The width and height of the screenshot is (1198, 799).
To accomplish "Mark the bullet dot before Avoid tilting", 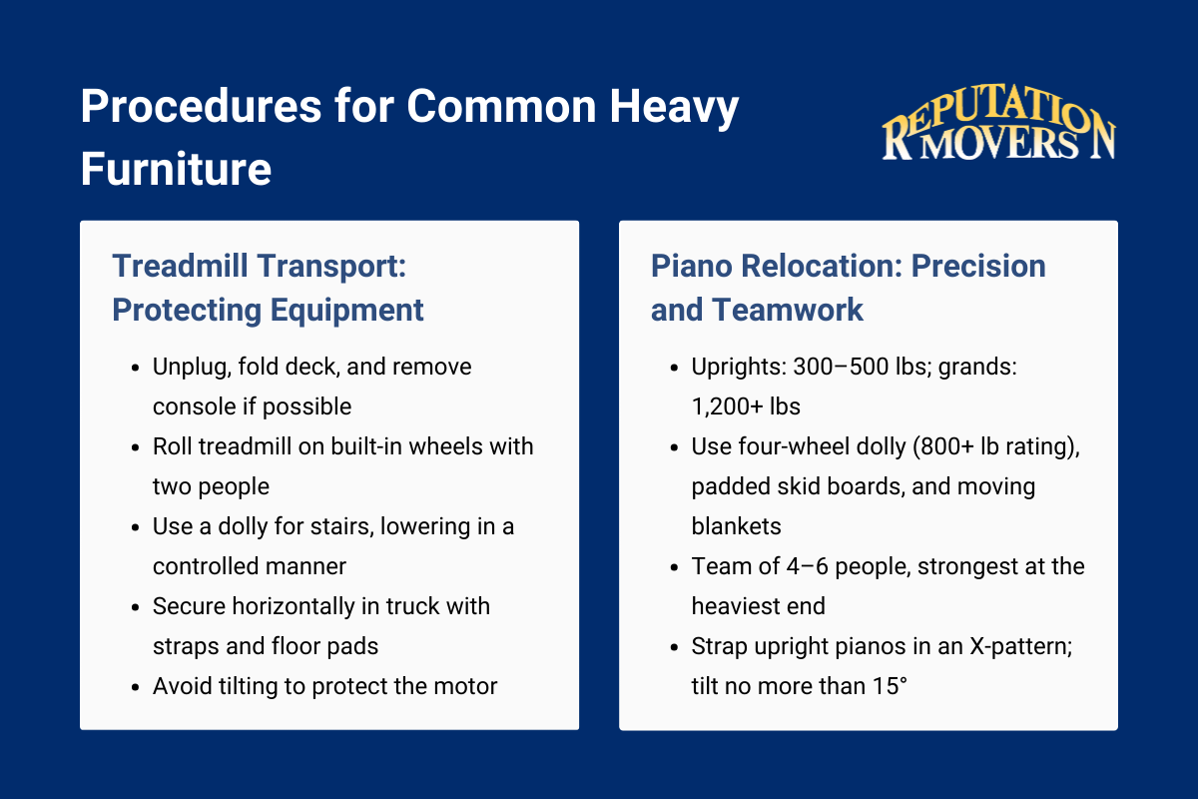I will [x=135, y=687].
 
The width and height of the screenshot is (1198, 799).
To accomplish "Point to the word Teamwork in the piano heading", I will [x=787, y=310].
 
